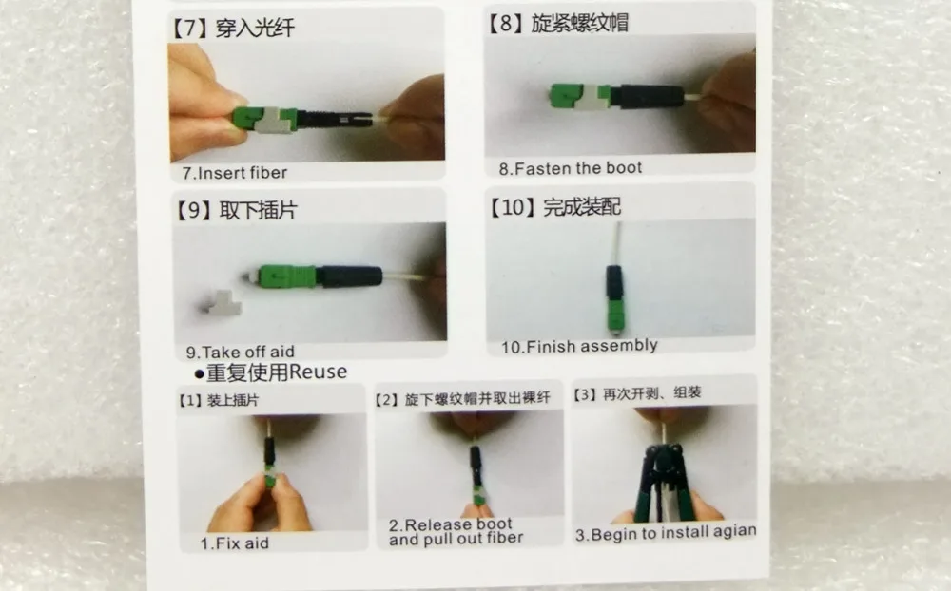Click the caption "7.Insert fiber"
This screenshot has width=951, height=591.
tap(235, 173)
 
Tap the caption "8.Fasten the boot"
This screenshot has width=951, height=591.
tap(570, 168)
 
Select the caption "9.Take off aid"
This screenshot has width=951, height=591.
tap(241, 353)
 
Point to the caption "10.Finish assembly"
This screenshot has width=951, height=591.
tap(579, 346)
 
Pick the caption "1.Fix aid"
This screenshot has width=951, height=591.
tap(235, 543)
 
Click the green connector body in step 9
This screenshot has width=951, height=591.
tap(286, 276)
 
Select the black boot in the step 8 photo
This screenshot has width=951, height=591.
tap(648, 97)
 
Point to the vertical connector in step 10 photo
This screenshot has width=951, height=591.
tap(615, 299)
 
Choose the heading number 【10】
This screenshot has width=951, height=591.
tap(513, 207)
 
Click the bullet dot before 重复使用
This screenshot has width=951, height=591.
tap(199, 374)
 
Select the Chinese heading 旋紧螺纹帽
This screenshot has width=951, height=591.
tap(580, 23)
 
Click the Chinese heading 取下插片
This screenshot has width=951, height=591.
tap(258, 210)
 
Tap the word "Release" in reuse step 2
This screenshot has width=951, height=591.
tap(433, 524)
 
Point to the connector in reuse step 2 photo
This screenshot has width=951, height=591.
tap(477, 476)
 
